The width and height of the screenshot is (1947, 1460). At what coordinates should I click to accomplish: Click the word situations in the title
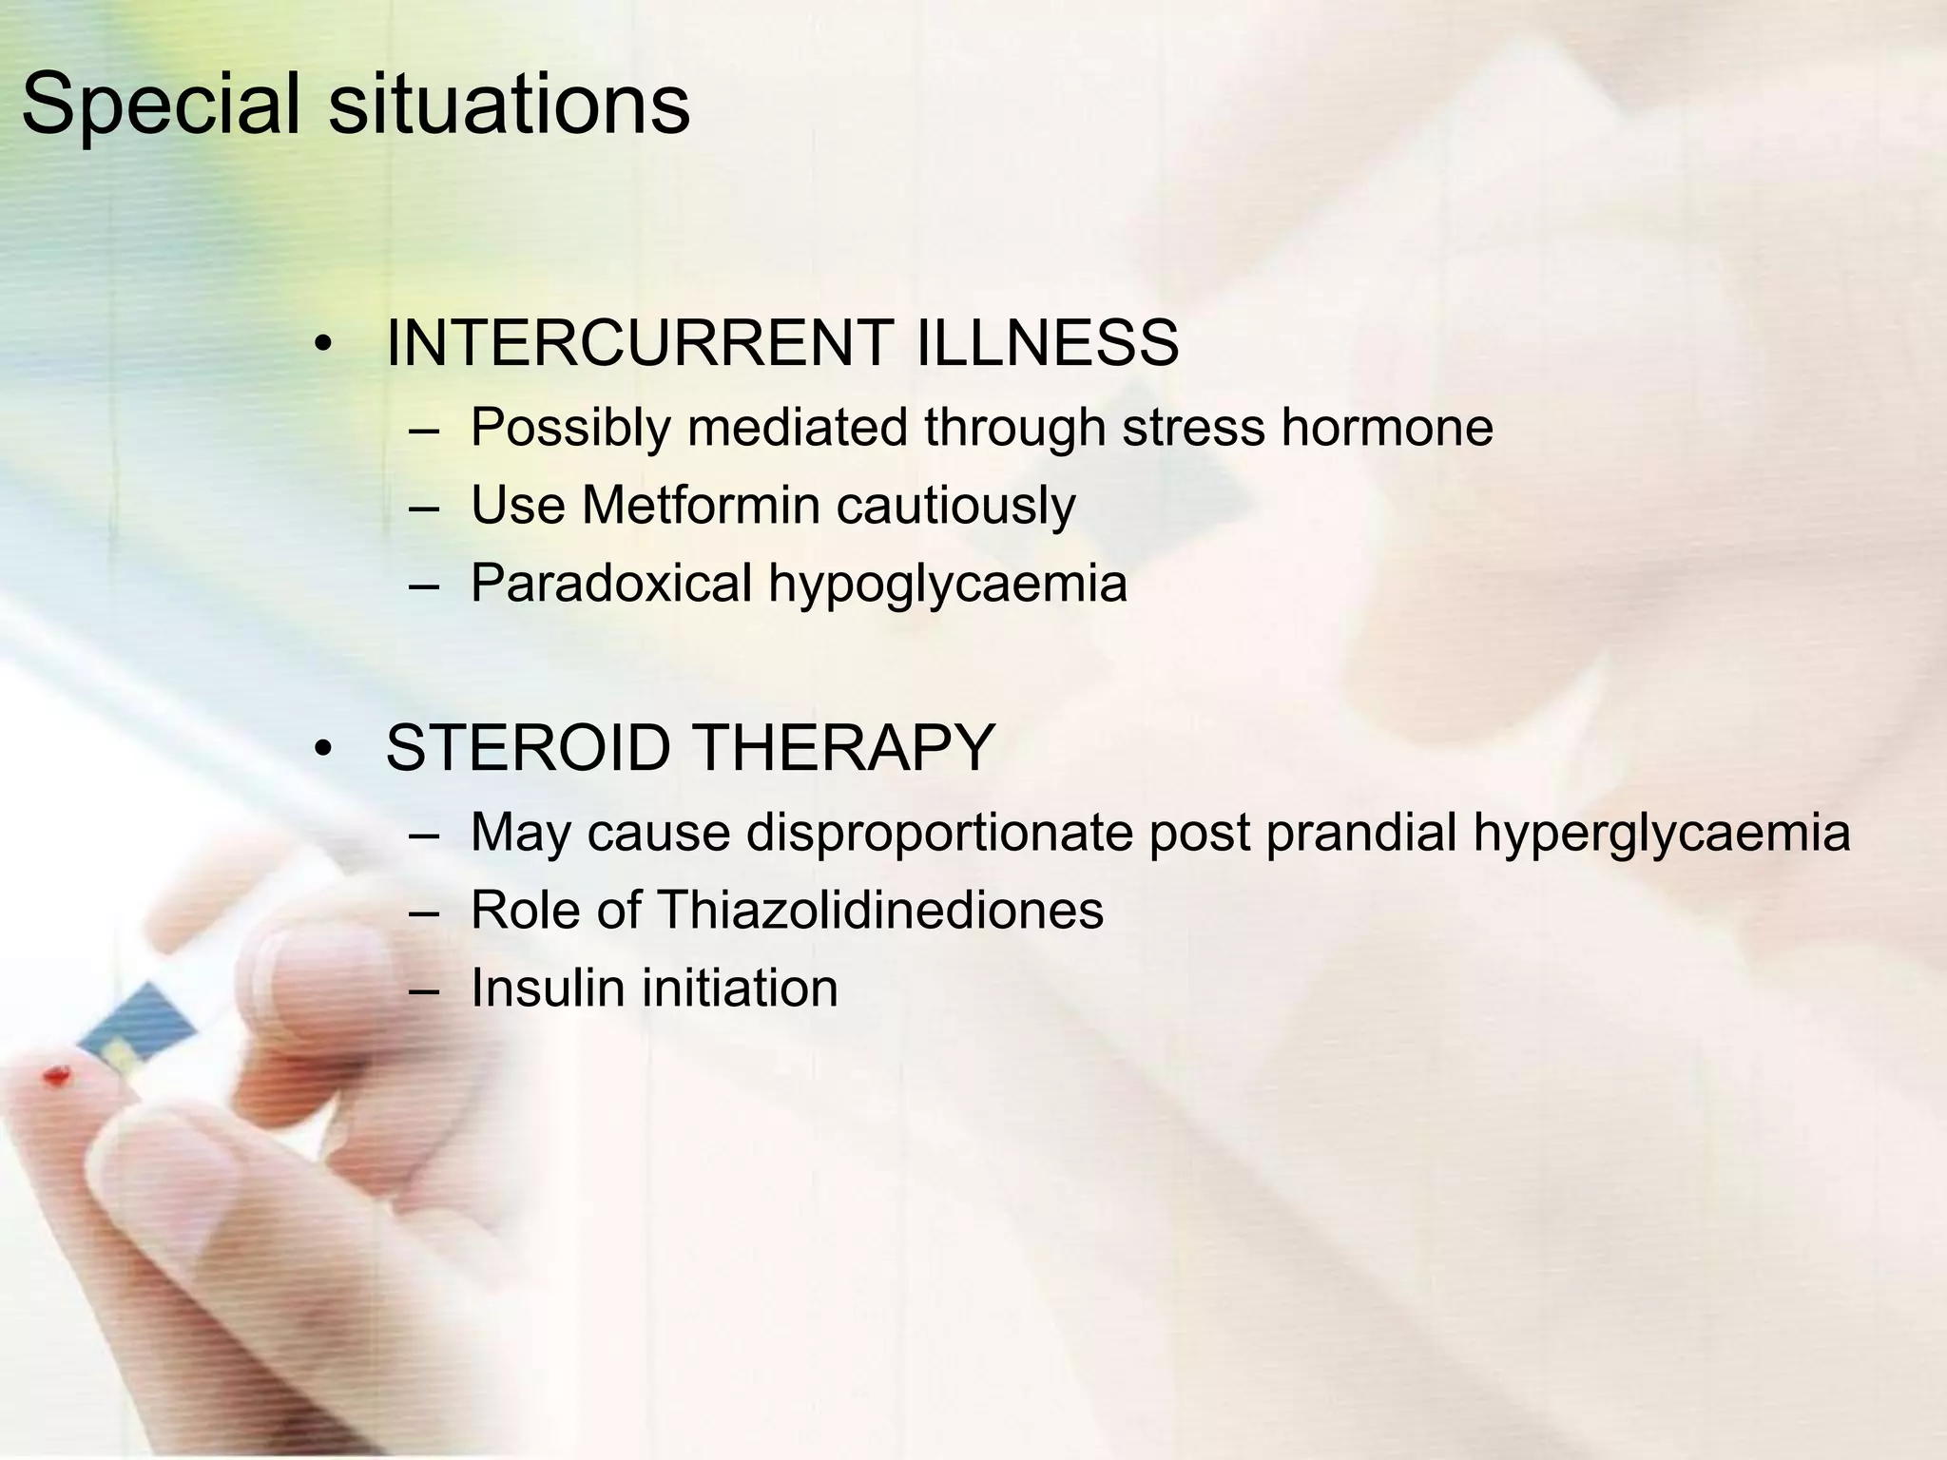point(509,105)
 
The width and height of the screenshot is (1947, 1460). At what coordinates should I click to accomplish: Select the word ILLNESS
point(1047,343)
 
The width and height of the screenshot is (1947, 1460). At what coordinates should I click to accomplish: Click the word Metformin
point(700,505)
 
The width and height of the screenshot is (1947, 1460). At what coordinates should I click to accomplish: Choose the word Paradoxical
point(610,583)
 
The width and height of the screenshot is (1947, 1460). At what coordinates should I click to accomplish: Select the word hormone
point(1386,427)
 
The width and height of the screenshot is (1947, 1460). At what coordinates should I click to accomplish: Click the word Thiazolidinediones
point(879,910)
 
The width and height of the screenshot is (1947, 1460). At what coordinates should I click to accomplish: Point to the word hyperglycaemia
point(1661,834)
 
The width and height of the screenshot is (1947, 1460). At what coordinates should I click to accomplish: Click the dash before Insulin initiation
point(424,989)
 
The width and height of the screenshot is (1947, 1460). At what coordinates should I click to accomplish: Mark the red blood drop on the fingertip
point(57,1076)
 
